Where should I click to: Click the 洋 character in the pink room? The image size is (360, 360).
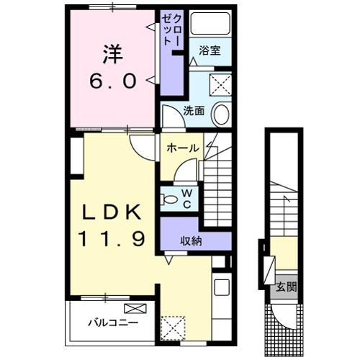click(x=112, y=53)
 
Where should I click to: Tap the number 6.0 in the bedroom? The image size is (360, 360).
click(x=112, y=81)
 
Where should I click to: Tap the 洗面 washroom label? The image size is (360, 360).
click(x=194, y=111)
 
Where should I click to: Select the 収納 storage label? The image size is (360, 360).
click(x=192, y=241)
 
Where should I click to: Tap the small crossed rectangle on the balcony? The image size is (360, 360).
click(x=140, y=308)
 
